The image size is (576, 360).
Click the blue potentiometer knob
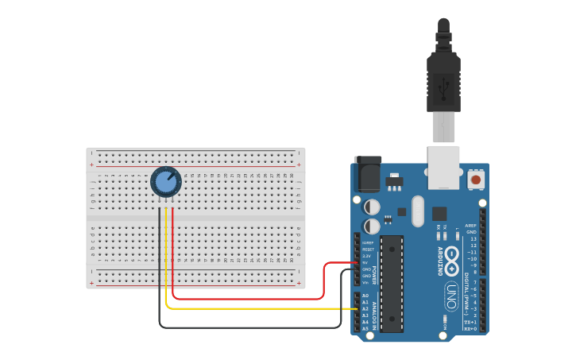(x=165, y=183)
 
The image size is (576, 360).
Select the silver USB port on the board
(x=444, y=167)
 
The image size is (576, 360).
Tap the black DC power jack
(x=367, y=174)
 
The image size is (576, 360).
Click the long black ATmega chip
(x=391, y=283)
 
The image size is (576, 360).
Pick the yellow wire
(x=254, y=308)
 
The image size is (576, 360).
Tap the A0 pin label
(x=365, y=296)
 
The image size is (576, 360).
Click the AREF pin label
(x=471, y=226)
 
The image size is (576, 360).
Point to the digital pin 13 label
(x=474, y=238)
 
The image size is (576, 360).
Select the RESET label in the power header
(x=368, y=250)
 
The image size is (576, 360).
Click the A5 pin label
(x=365, y=328)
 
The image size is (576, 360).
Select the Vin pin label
(x=366, y=282)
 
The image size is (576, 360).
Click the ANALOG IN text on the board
(x=375, y=312)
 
